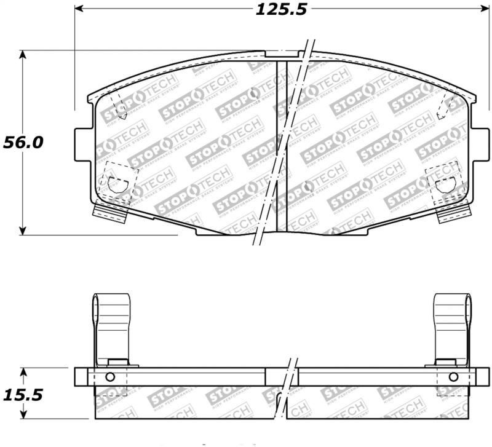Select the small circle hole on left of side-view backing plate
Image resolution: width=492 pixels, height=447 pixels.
(110, 377)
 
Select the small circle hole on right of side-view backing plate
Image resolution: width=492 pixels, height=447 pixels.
(453, 377)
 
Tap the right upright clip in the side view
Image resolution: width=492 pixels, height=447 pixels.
(452, 326)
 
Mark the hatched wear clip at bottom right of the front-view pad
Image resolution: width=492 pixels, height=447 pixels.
(451, 214)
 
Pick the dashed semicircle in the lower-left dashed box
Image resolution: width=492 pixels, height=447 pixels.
(115, 183)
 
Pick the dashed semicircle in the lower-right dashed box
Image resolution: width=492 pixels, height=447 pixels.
(444, 184)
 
